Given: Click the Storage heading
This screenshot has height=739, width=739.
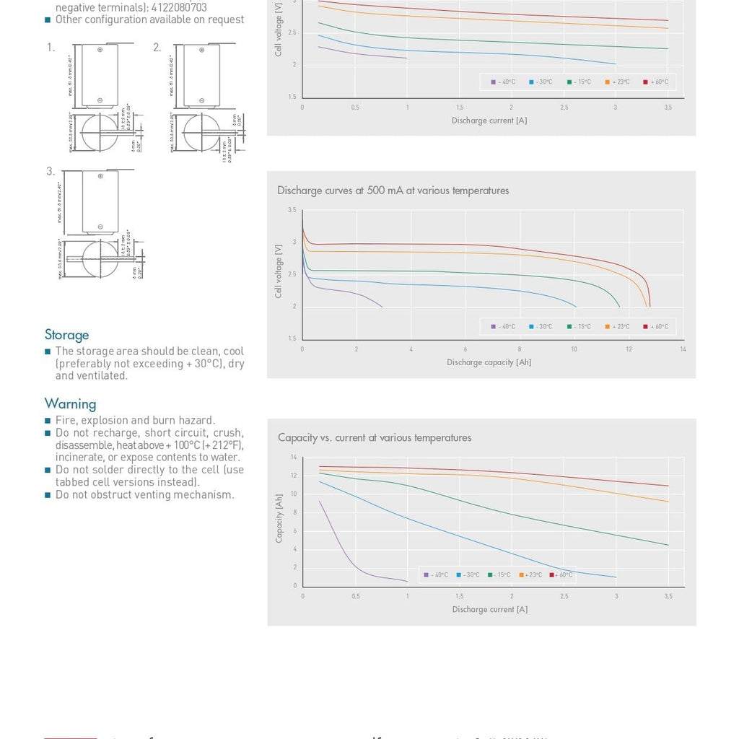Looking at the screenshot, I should [x=67, y=335].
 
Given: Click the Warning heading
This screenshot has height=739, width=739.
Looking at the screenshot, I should [x=70, y=404].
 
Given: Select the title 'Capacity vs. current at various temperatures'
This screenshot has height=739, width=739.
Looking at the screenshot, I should [x=375, y=438].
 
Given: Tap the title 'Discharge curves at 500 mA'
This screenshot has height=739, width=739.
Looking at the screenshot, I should [x=393, y=191].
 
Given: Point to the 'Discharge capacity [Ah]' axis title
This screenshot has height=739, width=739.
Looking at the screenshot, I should [x=489, y=362].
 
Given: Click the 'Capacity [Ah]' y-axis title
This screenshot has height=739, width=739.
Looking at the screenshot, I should [x=279, y=518].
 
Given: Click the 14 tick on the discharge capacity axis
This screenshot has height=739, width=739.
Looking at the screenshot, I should [x=683, y=350].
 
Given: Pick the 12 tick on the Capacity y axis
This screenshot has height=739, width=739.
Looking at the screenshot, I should [x=294, y=476].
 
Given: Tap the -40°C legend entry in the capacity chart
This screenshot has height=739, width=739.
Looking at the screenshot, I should [x=436, y=575].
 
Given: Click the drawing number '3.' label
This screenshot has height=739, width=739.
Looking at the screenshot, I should [x=51, y=172].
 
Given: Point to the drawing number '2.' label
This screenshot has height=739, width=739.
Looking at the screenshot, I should [x=157, y=48].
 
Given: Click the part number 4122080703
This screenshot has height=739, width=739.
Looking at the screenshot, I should [x=179, y=8].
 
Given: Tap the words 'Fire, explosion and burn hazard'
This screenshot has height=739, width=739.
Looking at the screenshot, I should [x=135, y=421].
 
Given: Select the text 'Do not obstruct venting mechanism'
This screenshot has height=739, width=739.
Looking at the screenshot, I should [x=144, y=495].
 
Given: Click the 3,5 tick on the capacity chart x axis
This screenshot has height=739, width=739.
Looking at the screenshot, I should [x=668, y=597].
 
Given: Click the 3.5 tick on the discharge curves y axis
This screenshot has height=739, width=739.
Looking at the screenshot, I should [x=292, y=210].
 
